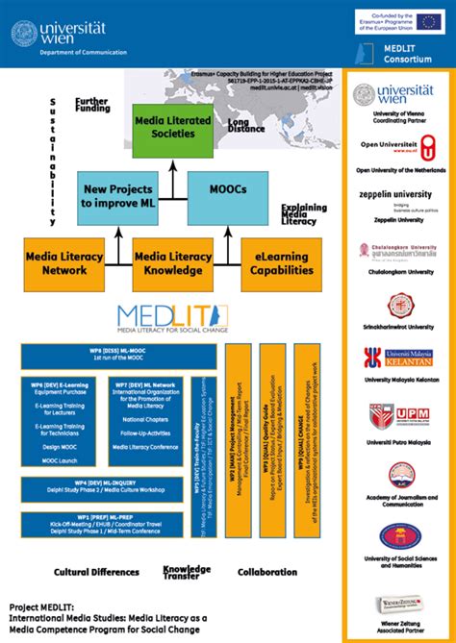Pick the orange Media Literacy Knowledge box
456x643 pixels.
click(172, 263)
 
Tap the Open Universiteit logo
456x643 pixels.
click(397, 149)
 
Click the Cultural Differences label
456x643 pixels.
click(96, 572)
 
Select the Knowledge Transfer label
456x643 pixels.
click(187, 572)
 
